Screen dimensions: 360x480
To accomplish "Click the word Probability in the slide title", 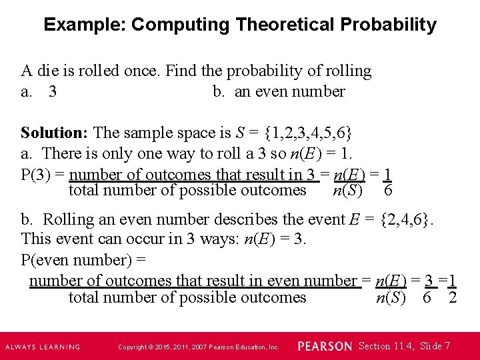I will pyautogui.click(x=388, y=25).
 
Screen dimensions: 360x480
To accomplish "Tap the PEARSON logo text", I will pyautogui.click(x=325, y=347).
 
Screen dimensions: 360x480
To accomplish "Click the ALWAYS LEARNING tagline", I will pyautogui.click(x=43, y=347).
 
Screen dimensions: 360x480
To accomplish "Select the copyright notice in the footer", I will pyautogui.click(x=199, y=347).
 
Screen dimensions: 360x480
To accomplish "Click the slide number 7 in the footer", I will pyautogui.click(x=447, y=346).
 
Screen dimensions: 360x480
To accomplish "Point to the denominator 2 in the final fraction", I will pyautogui.click(x=453, y=297).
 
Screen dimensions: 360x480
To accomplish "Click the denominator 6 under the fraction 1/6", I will pyautogui.click(x=388, y=191).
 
